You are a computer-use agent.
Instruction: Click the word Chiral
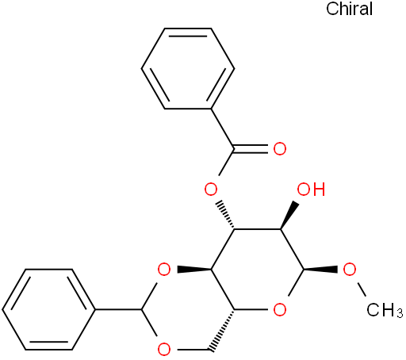point(349,9)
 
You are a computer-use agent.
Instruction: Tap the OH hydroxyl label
point(311,190)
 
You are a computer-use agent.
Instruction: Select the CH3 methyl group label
point(385,310)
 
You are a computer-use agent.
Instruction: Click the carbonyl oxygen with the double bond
point(280,149)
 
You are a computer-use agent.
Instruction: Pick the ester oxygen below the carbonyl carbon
point(211,190)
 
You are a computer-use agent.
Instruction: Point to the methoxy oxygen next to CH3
point(350,270)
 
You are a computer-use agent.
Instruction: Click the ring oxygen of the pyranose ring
point(280,309)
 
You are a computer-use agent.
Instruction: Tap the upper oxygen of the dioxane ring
point(164,270)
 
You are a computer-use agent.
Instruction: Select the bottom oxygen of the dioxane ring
point(164,350)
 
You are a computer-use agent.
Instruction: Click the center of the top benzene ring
point(188,69)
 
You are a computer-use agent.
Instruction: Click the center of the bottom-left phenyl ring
point(48,309)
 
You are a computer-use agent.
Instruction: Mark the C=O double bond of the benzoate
point(251,149)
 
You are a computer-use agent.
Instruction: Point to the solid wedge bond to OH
point(289,216)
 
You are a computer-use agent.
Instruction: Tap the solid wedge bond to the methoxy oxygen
point(321,270)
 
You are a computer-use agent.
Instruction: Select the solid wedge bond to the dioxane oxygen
point(194,270)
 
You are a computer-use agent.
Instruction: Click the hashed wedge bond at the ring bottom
point(222,330)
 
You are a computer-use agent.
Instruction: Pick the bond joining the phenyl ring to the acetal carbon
point(119,309)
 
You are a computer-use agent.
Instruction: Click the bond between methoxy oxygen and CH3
point(361,289)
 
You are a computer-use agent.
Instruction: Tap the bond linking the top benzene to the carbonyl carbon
point(222,128)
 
